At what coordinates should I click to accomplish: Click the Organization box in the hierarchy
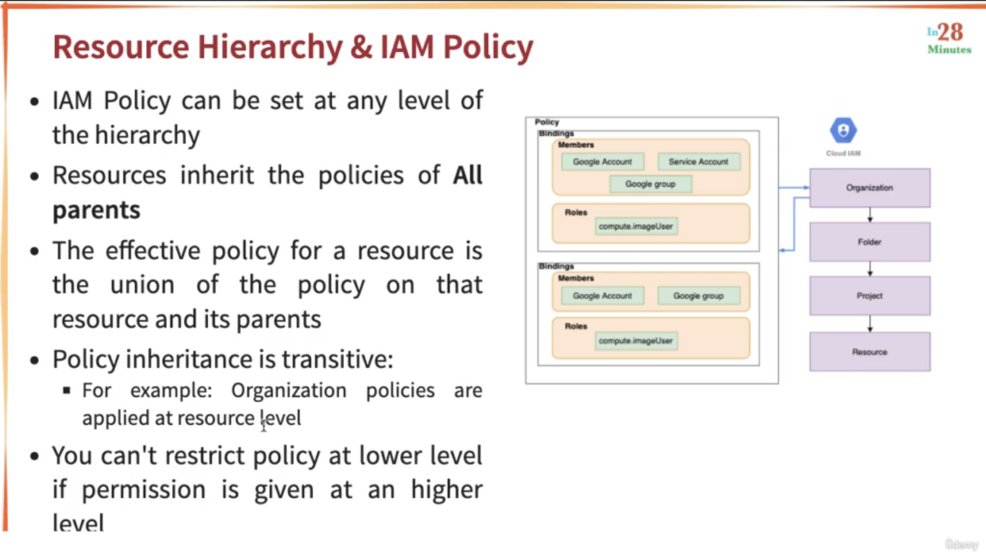(870, 188)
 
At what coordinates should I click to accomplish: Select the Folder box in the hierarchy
(870, 242)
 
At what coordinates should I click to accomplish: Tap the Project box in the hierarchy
(870, 296)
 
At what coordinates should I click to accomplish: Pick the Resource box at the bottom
(870, 352)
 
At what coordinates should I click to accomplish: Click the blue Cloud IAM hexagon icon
(843, 131)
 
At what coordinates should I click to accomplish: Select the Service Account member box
(698, 162)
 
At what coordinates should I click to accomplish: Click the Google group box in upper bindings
(651, 184)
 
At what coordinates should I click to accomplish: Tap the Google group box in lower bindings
(698, 296)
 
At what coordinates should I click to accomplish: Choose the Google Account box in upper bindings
(603, 162)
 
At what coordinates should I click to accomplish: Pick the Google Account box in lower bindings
(603, 296)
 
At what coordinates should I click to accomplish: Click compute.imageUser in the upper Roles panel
(636, 226)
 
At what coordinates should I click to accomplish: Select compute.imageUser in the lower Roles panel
(636, 341)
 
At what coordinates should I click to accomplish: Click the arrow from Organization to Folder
(870, 215)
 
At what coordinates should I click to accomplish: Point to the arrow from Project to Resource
(870, 324)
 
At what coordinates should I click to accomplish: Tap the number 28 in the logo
(951, 32)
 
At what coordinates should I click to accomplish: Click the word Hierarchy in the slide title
(270, 48)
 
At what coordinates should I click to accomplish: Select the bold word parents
(96, 210)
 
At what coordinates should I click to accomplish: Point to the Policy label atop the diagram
(547, 122)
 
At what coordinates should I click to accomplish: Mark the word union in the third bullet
(142, 285)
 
